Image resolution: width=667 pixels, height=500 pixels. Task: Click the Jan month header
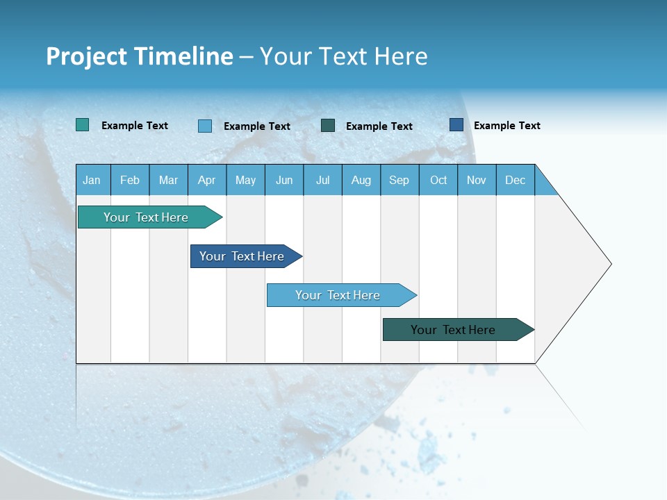point(92,180)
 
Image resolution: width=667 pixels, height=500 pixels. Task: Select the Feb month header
point(130,180)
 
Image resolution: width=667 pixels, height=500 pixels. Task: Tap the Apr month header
point(206,180)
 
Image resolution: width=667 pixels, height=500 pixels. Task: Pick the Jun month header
point(284,180)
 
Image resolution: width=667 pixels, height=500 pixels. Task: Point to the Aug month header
point(361,180)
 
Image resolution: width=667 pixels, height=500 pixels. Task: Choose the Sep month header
point(400,180)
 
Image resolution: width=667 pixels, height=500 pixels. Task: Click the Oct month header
point(438,180)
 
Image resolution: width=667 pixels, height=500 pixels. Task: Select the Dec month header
point(516,180)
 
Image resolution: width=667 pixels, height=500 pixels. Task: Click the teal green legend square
point(83,125)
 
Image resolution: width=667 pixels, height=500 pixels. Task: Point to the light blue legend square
point(205,126)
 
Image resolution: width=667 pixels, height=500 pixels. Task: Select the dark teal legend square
point(328,125)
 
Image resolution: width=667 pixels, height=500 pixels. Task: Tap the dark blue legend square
point(456,125)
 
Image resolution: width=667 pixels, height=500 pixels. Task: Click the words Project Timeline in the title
point(139,56)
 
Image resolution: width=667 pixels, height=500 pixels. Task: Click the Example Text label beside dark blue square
point(507,126)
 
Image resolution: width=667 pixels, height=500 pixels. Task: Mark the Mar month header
point(168,180)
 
